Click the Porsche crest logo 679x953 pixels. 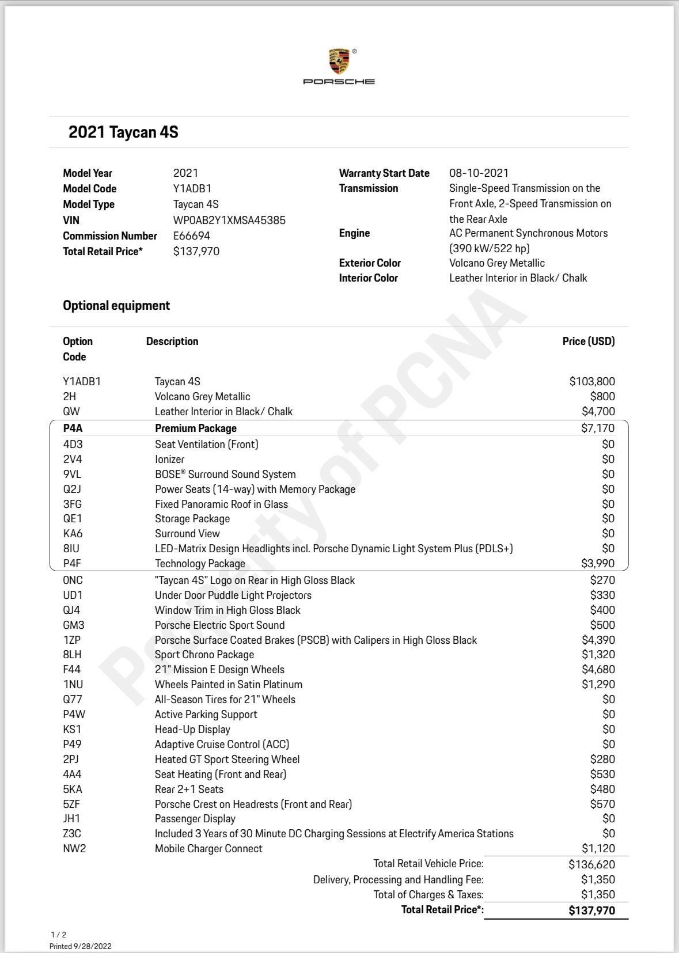(339, 62)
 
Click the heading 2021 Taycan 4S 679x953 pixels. (123, 132)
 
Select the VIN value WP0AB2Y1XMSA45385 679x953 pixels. (229, 220)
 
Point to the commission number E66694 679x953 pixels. (192, 236)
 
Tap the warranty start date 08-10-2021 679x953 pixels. (479, 173)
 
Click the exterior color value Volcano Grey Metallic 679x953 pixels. (496, 263)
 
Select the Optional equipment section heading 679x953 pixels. (116, 305)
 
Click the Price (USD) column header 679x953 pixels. (588, 341)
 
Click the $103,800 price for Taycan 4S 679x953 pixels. (591, 381)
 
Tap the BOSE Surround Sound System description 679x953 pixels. (225, 474)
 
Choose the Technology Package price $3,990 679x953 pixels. (597, 563)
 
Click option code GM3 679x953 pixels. (74, 625)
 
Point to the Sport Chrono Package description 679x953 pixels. (204, 655)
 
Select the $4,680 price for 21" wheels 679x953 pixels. (598, 669)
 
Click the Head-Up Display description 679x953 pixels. (192, 729)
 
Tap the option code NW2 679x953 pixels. (74, 848)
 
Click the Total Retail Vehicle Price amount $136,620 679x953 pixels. (591, 864)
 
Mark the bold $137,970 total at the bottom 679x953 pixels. (591, 910)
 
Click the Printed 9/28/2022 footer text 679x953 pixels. (81, 946)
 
